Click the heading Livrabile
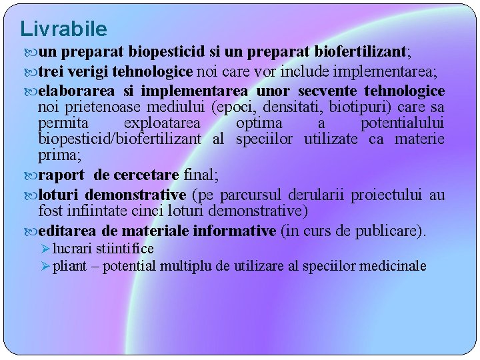63,29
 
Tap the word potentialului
403,123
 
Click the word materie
419,139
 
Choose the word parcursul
251,195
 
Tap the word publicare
391,231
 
